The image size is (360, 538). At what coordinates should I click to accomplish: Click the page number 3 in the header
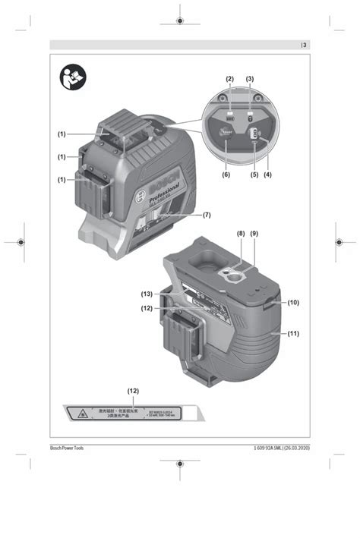(305, 45)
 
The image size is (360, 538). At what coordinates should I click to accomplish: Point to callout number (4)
(267, 175)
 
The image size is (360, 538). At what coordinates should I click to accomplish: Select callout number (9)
(254, 234)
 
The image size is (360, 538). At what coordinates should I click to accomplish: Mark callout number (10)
(292, 302)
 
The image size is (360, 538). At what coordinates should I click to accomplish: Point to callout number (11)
(292, 333)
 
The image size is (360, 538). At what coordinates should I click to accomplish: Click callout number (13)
(147, 293)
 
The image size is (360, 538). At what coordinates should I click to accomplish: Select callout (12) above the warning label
(134, 392)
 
